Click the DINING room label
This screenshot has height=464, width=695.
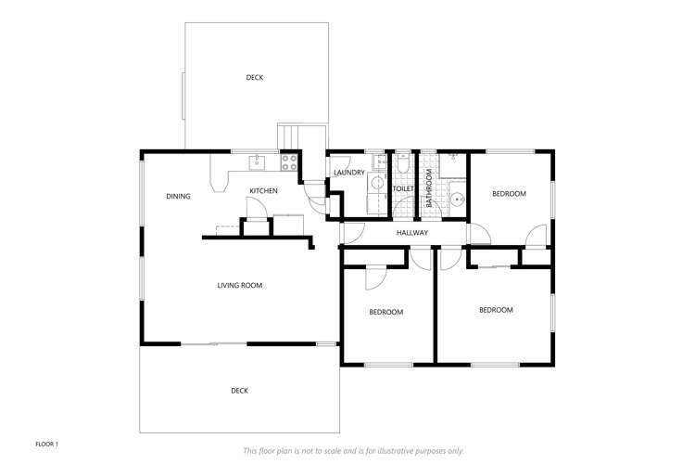[x=178, y=196]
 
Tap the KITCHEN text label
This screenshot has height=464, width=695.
[x=263, y=191]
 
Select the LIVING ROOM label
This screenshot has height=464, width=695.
[x=240, y=285]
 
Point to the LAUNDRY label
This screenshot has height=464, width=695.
[x=349, y=173]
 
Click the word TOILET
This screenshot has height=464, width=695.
[x=403, y=189]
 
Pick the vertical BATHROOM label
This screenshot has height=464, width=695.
[x=429, y=188]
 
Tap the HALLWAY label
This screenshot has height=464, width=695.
[x=412, y=233]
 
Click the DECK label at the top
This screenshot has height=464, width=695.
[x=255, y=77]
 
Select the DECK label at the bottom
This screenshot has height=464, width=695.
[x=239, y=391]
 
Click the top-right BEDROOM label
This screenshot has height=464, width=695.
[x=509, y=193]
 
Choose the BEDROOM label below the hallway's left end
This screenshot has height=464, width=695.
[x=386, y=312]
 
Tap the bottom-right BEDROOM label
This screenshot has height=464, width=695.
[x=496, y=310]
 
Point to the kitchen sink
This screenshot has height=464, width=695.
[x=256, y=163]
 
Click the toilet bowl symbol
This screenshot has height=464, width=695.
[x=403, y=167]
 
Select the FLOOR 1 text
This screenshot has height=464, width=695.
[x=47, y=445]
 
